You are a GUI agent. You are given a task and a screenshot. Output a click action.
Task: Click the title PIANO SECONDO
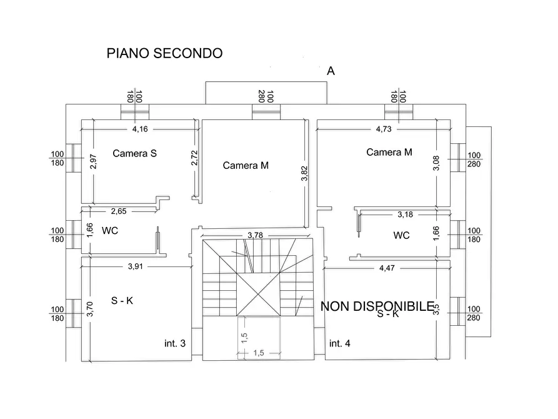click(x=164, y=53)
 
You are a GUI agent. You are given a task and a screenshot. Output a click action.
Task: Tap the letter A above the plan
click(x=331, y=71)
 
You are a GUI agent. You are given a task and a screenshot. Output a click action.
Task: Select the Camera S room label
click(x=134, y=153)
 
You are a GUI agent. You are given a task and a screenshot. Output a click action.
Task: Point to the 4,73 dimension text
click(x=384, y=129)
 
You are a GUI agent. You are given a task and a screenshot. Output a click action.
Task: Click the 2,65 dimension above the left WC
click(x=119, y=211)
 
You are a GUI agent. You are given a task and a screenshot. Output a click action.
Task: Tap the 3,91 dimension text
click(x=136, y=266)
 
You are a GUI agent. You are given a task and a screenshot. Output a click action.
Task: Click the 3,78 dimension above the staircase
click(x=255, y=235)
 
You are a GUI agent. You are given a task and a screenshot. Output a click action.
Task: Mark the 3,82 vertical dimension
click(x=304, y=173)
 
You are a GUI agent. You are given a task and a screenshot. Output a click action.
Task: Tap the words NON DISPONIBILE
click(x=377, y=306)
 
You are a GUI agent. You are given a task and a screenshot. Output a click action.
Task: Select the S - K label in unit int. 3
click(x=122, y=301)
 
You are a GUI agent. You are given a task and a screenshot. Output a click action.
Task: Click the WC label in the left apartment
click(x=110, y=231)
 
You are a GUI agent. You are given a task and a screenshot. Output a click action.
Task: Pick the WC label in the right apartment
click(x=402, y=236)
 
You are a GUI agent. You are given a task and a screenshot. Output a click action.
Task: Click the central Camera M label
click(x=246, y=166)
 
